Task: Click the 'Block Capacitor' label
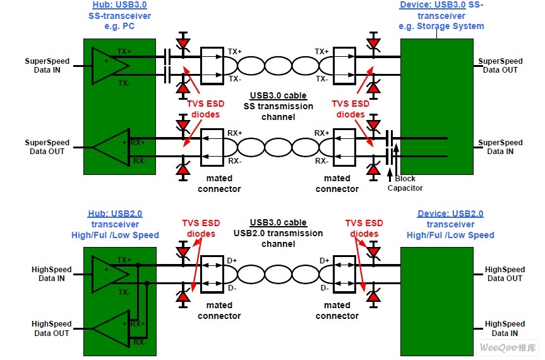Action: point(405,183)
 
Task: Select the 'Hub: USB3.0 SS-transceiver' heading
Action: point(119,15)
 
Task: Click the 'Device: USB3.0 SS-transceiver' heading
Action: point(441,15)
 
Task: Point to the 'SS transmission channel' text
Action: point(278,111)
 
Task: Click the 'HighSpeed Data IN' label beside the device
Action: point(505,328)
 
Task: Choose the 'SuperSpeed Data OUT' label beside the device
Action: point(500,65)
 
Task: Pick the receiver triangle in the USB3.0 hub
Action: point(110,147)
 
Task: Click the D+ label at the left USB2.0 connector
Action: point(232,260)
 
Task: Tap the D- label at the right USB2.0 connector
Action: point(325,288)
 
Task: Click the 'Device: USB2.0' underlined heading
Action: point(450,213)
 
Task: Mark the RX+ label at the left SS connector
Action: point(234,133)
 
